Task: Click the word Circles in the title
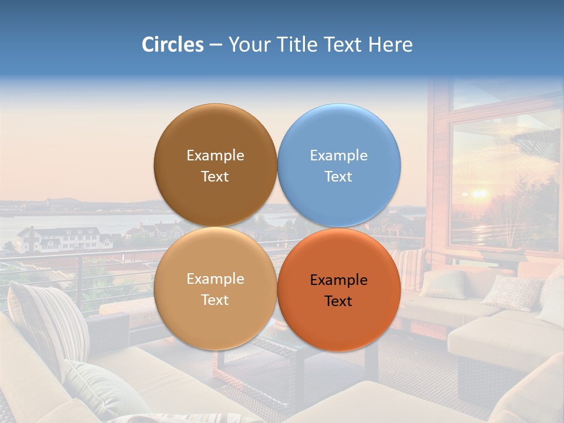pos(172,45)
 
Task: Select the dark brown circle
pos(215,165)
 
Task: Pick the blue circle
pos(339,165)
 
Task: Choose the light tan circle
pos(215,288)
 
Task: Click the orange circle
pos(339,290)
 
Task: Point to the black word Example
pos(338,280)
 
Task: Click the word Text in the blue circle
pos(338,177)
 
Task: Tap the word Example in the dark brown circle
pos(215,156)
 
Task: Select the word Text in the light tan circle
pos(215,300)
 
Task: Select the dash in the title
pos(216,45)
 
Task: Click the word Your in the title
pos(249,45)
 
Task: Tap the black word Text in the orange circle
pos(338,301)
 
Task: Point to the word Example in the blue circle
pos(338,156)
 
